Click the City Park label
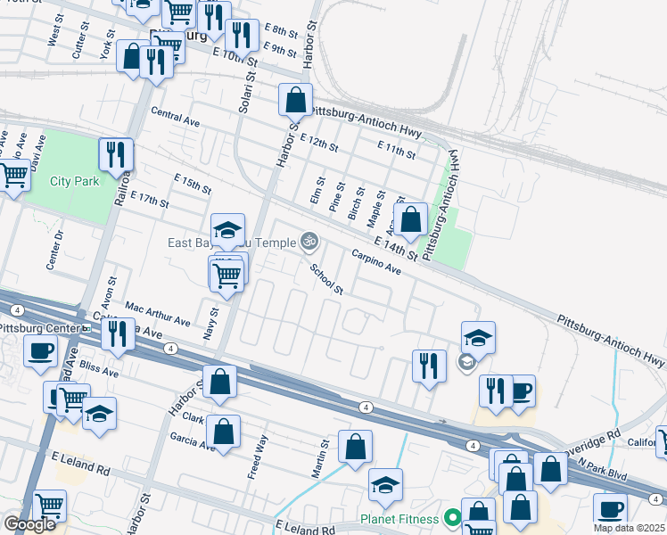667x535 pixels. pyautogui.click(x=74, y=181)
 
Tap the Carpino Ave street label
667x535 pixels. pyautogui.click(x=376, y=262)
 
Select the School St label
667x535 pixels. pyautogui.click(x=326, y=278)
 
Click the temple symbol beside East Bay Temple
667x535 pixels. pyautogui.click(x=309, y=240)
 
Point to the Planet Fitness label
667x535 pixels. pyautogui.click(x=399, y=518)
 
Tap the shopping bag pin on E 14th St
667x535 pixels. pyautogui.click(x=411, y=218)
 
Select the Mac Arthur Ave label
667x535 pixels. pyautogui.click(x=158, y=314)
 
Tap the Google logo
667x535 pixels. pyautogui.click(x=29, y=523)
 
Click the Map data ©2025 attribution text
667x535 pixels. pyautogui.click(x=630, y=528)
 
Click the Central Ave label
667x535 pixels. pyautogui.click(x=176, y=117)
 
